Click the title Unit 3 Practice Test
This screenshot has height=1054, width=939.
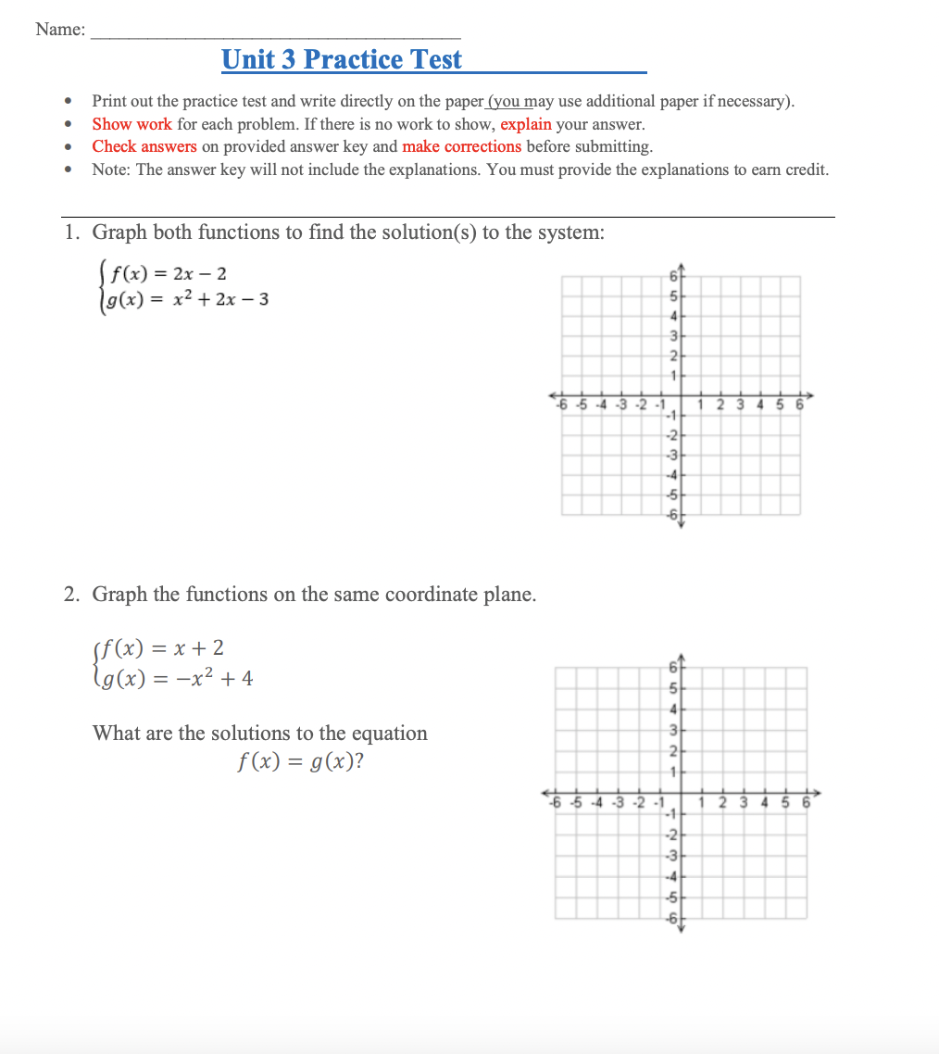tap(342, 59)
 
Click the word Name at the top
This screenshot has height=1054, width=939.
tap(58, 30)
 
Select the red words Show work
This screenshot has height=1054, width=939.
tap(131, 124)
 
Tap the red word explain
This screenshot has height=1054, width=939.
tap(525, 124)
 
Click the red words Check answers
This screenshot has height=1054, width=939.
tap(144, 146)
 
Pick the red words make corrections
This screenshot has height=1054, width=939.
tap(461, 146)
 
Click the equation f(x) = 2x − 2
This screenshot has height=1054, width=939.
tap(169, 273)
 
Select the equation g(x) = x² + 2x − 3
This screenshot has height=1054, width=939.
tap(189, 299)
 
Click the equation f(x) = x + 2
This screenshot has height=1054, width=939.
tap(165, 647)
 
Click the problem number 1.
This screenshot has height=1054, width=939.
tap(71, 232)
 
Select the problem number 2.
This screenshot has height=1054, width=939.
tap(71, 595)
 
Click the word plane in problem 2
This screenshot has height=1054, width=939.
tap(509, 595)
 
